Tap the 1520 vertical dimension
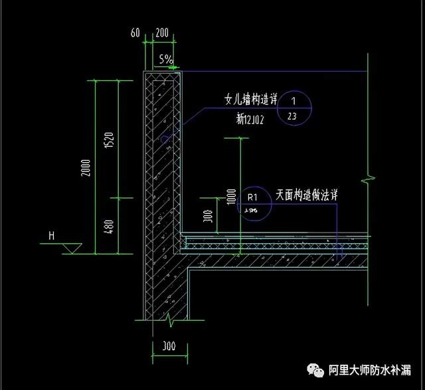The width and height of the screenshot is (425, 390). coord(111,140)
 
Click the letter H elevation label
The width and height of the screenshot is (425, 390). coord(50,235)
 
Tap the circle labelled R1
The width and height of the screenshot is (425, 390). coord(252,202)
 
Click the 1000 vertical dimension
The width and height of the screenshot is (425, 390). coord(230,195)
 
